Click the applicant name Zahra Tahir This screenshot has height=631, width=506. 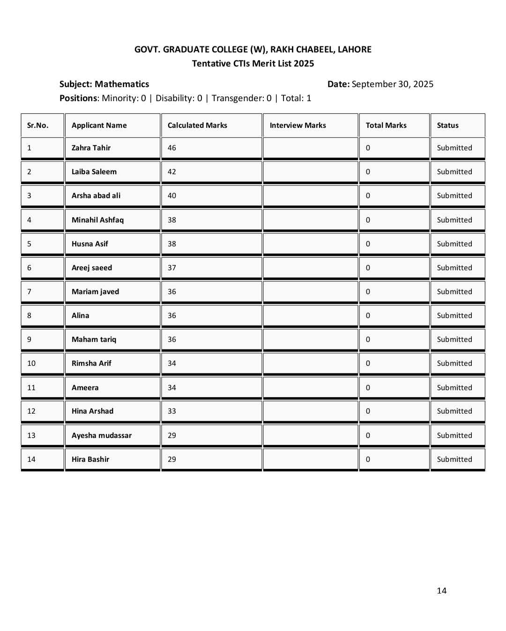click(x=91, y=148)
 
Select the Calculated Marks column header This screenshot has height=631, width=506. click(x=197, y=125)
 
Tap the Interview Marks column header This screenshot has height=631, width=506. click(x=298, y=125)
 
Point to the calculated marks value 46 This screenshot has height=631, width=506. click(x=172, y=148)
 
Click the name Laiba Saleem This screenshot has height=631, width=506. click(x=94, y=171)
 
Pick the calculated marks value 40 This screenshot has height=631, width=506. click(x=172, y=195)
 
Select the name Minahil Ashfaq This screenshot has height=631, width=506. click(x=97, y=220)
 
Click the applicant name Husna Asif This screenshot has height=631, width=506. click(x=89, y=244)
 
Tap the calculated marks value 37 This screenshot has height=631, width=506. click(x=172, y=267)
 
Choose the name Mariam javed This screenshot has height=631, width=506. click(x=95, y=291)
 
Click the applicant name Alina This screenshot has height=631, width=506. click(x=80, y=315)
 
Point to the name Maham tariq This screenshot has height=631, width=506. click(x=94, y=339)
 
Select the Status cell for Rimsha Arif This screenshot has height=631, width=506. click(x=454, y=363)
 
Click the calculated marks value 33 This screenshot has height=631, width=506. click(x=172, y=411)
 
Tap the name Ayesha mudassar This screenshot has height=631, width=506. click(x=101, y=435)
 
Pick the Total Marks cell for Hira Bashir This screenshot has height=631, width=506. click(x=368, y=459)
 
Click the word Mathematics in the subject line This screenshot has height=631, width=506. click(x=122, y=84)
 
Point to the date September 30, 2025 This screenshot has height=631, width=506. click(x=392, y=84)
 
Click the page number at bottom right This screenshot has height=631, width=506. click(x=441, y=590)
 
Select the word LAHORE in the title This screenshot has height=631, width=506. click(x=354, y=49)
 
